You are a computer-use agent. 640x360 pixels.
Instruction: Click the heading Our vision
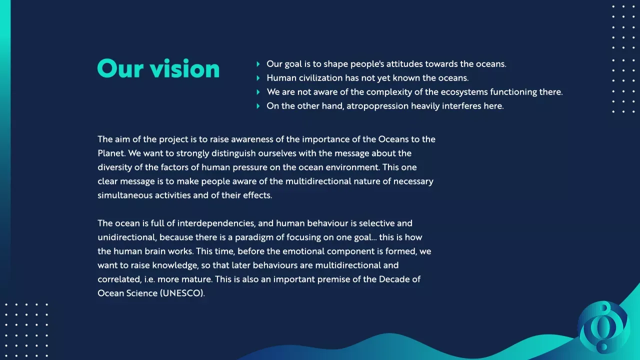tap(158, 68)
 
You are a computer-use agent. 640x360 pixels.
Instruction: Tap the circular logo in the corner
tap(603, 327)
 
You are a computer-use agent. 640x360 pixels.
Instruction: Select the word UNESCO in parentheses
tap(181, 293)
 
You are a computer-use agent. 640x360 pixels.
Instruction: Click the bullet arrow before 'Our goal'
tap(258, 64)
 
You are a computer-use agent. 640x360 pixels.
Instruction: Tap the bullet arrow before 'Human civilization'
tap(258, 78)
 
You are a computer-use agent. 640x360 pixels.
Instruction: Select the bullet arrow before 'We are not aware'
tap(258, 92)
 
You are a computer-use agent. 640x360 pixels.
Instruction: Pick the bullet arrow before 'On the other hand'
tap(258, 106)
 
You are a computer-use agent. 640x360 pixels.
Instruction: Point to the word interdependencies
tap(216, 223)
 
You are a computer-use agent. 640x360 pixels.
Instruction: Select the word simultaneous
tap(125, 195)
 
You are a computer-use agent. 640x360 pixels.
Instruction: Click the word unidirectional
tap(127, 237)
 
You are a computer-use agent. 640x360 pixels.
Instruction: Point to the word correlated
tap(119, 279)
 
